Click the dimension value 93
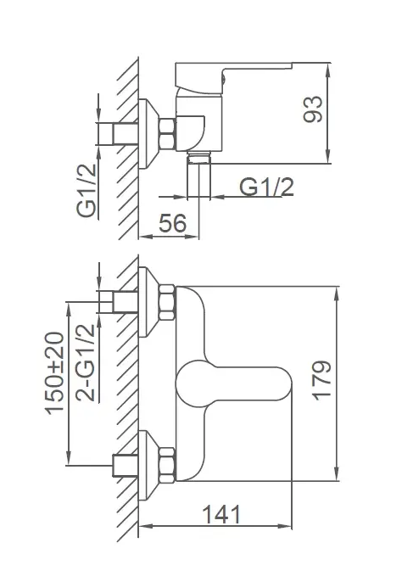[x=313, y=109]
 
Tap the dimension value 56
[x=173, y=223]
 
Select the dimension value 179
[x=321, y=381]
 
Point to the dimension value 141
[x=221, y=514]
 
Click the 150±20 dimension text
[x=54, y=373]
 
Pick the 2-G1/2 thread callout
[x=86, y=363]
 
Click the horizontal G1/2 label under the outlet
[x=267, y=187]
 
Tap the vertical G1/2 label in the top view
[x=87, y=190]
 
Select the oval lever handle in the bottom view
[x=233, y=383]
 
